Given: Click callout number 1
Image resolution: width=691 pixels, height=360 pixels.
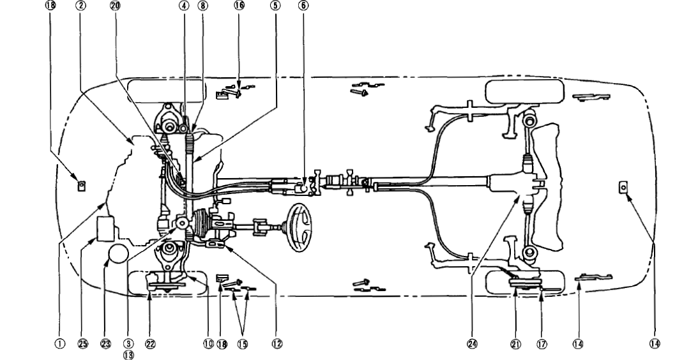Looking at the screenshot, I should click(x=59, y=343).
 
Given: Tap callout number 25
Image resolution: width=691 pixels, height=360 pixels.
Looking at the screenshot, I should click(x=83, y=343).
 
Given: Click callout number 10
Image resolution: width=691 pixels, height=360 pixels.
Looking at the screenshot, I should click(x=208, y=343).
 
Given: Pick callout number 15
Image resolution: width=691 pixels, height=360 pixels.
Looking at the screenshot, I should click(x=243, y=343).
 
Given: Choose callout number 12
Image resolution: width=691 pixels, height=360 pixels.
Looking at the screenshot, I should click(x=277, y=343).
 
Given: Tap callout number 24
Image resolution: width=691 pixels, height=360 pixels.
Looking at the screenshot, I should click(x=473, y=343).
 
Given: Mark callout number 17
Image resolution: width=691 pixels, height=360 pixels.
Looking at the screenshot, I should click(x=543, y=343).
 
